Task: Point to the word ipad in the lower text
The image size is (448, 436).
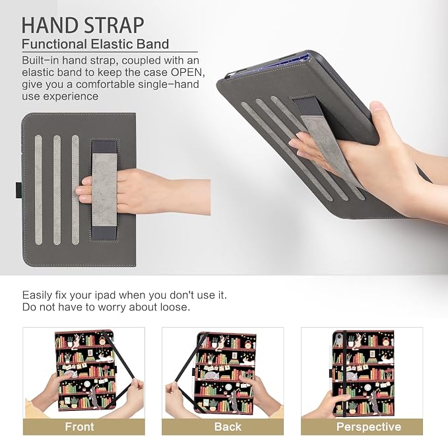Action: pyautogui.click(x=106, y=295)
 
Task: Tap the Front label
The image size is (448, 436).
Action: pyautogui.click(x=79, y=427)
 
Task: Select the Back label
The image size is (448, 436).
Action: pyautogui.click(x=228, y=427)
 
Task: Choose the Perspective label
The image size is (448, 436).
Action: pyautogui.click(x=369, y=427)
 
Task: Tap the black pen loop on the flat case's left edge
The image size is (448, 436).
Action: pyautogui.click(x=18, y=190)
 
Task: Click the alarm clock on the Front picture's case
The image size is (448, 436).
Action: pyautogui.click(x=103, y=342)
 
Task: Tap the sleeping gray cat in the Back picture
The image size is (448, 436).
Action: pyautogui.click(x=210, y=374)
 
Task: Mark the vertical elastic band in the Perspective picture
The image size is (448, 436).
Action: pyautogui.click(x=346, y=373)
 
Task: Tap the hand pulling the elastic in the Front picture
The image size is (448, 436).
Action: pyautogui.click(x=135, y=392)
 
